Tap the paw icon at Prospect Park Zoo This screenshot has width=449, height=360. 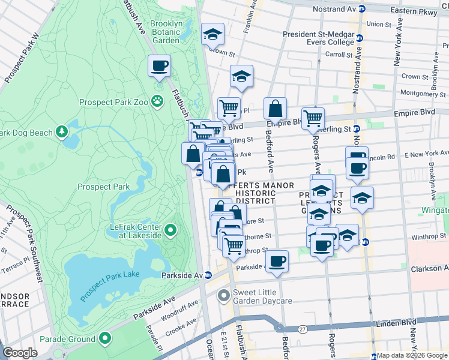[x=157, y=101]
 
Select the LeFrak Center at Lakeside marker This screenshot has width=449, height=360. [x=170, y=230]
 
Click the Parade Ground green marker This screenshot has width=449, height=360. [x=106, y=339]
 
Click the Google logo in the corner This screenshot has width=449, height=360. [x=20, y=353]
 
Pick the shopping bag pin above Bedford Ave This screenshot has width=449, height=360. [x=275, y=109]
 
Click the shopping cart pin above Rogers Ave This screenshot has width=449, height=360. [x=313, y=118]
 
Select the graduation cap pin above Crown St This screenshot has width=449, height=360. [x=212, y=34]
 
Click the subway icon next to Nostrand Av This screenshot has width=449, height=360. [x=361, y=9]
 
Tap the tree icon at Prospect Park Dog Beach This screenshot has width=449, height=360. [x=61, y=131]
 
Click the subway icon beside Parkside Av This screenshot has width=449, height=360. [x=208, y=275]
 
